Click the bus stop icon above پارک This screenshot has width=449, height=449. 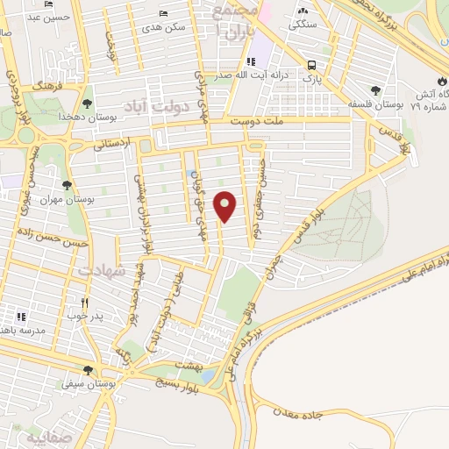pyautogui.click(x=311, y=64)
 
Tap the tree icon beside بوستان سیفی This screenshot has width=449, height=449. pyautogui.click(x=86, y=370)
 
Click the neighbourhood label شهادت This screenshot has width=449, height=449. pyautogui.click(x=101, y=271)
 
